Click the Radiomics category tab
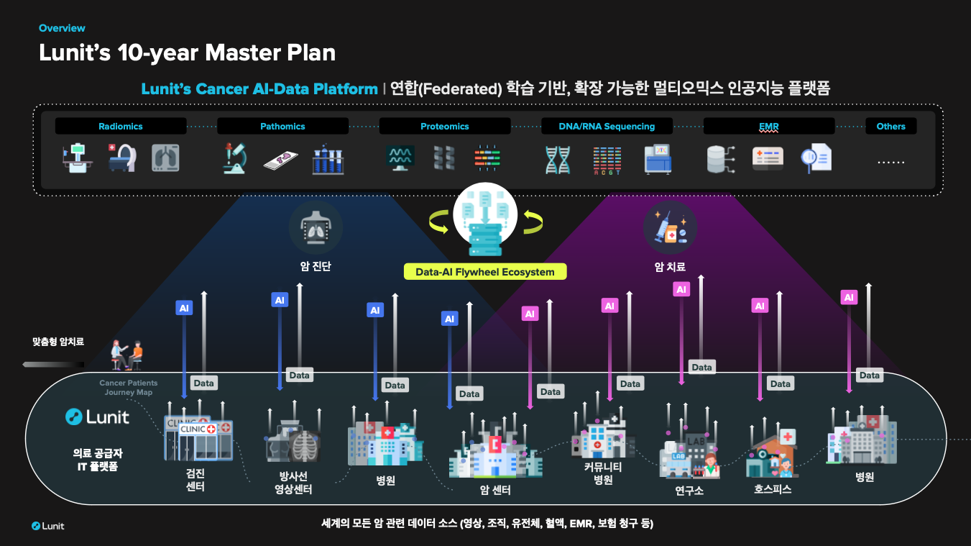click(x=121, y=127)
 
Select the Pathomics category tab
click(x=282, y=127)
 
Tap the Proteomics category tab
click(x=445, y=127)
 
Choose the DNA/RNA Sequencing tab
click(x=607, y=127)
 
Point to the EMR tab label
click(x=769, y=127)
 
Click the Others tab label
click(x=891, y=127)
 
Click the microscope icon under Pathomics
click(x=235, y=159)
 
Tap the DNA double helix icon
click(x=558, y=160)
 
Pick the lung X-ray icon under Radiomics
click(x=165, y=158)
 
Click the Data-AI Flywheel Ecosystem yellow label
click(x=485, y=272)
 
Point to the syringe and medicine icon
click(x=670, y=227)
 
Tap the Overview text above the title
click(x=62, y=28)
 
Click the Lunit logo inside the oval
click(x=97, y=417)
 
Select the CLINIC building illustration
click(x=198, y=438)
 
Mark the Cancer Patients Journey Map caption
click(x=129, y=388)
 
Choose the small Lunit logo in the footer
click(x=47, y=526)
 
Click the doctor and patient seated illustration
click(x=126, y=355)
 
